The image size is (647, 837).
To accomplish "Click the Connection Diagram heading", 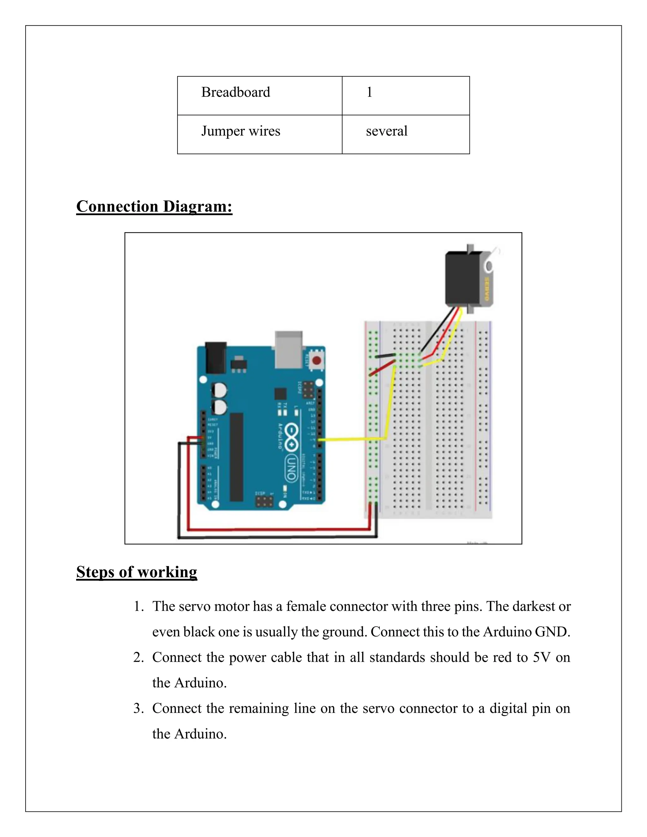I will tap(154, 206).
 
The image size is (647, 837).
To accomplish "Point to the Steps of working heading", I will tap(136, 572).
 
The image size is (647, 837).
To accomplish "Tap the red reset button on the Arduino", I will tap(317, 360).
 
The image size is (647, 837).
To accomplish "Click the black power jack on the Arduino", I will tap(215, 358).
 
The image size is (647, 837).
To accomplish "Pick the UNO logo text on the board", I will tap(291, 468).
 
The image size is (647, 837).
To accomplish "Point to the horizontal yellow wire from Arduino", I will tap(351, 439).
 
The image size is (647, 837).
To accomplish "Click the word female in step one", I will tap(306, 607).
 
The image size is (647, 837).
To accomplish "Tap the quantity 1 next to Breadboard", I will tap(369, 92).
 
